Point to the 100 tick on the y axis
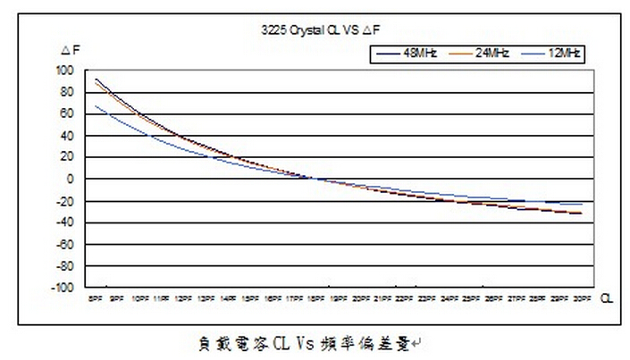[64, 71]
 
